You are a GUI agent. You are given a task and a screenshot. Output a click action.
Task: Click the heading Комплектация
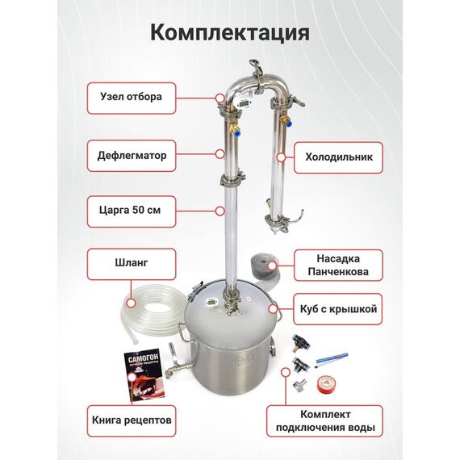pyautogui.click(x=230, y=33)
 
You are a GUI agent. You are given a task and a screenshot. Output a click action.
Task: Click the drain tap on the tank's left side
pyautogui.click(x=174, y=371)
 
